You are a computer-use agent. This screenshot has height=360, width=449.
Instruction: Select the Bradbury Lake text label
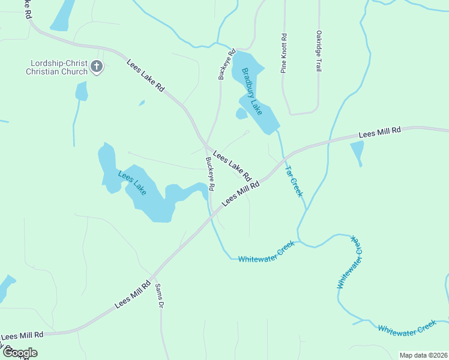252,92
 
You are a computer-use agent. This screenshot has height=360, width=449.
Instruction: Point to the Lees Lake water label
132,183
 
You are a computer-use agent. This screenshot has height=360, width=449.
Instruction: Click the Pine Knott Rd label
284,53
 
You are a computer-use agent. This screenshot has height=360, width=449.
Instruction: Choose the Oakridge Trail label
319,51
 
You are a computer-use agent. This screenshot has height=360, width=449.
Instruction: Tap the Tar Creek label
294,181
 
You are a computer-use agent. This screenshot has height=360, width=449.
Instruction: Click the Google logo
20,353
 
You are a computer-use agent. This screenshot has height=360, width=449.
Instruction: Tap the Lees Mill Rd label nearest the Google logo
22,335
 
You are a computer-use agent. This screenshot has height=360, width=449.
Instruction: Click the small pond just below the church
82,91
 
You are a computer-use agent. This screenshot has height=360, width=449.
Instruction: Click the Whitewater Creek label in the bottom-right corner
406,328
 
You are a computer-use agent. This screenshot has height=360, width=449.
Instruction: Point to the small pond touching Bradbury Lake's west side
241,113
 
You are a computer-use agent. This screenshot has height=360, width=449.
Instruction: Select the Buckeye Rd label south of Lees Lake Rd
210,174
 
